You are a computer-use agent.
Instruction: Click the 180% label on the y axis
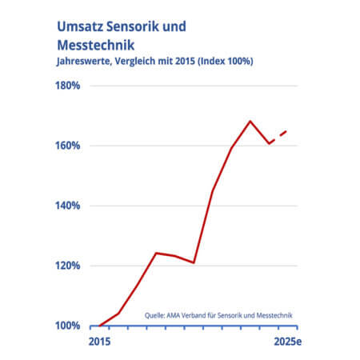click(x=67, y=86)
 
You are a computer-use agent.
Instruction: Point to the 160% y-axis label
click(x=67, y=146)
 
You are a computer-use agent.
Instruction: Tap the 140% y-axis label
click(x=67, y=206)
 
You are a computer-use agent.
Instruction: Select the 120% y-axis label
click(x=67, y=266)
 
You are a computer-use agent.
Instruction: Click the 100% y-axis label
click(x=67, y=326)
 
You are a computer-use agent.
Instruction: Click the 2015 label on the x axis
click(x=99, y=342)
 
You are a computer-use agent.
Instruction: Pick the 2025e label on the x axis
click(x=288, y=342)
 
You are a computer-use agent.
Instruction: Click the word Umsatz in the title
click(x=80, y=26)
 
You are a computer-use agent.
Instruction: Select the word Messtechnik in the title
click(x=96, y=45)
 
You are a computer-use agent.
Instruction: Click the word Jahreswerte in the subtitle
click(x=84, y=62)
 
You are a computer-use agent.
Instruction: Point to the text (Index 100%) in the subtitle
click(x=226, y=62)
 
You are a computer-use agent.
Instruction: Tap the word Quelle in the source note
click(x=155, y=316)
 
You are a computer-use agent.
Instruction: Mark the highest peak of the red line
click(x=250, y=122)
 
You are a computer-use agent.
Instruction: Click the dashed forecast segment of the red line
click(x=278, y=137)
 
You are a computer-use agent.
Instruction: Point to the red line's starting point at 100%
click(x=99, y=326)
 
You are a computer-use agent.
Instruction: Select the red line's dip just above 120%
click(x=194, y=262)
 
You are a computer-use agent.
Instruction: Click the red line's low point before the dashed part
click(x=269, y=143)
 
